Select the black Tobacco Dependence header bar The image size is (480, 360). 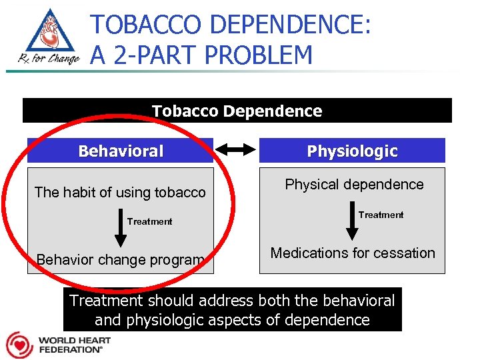coord(237,111)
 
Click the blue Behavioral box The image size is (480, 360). coord(120,151)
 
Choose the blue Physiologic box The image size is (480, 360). coord(351,151)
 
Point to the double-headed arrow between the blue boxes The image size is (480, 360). coord(236,151)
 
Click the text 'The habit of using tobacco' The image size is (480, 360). coord(120,193)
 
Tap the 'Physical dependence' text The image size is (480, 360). coord(354,185)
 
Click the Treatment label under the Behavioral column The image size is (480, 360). coord(149,221)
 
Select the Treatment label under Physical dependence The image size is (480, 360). coord(381,215)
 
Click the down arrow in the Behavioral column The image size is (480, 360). coord(121,231)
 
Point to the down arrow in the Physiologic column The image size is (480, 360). coord(351,224)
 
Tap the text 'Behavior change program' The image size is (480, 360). coord(120,259)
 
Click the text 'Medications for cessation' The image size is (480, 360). coord(352,253)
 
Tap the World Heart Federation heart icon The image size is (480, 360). coord(19,345)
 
